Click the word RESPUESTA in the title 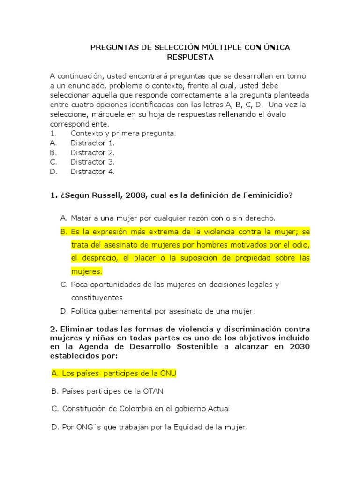tap(190, 57)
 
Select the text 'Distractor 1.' tap(92, 143)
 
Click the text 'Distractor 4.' tap(92, 172)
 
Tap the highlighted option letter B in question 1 tap(65, 232)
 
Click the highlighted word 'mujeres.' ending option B tap(86, 271)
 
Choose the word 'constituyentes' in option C tap(97, 298)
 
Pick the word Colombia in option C tap(134, 409)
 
